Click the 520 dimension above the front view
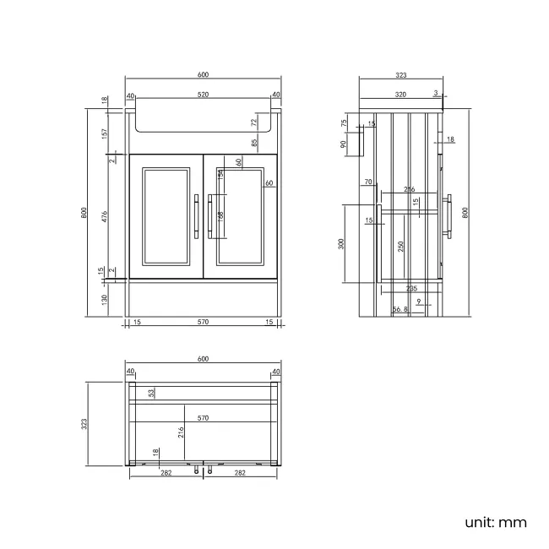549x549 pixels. point(203,95)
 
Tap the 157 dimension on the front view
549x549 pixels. point(103,133)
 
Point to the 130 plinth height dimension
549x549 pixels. point(103,298)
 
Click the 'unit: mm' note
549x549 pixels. point(495,522)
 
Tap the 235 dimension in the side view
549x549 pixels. point(410,288)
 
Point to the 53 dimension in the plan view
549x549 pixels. point(152,392)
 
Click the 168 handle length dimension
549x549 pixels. point(221,217)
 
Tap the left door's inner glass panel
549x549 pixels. point(166,216)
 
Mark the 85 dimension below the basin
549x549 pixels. point(254,144)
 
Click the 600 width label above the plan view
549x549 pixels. point(203,359)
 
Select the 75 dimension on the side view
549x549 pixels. point(344,122)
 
